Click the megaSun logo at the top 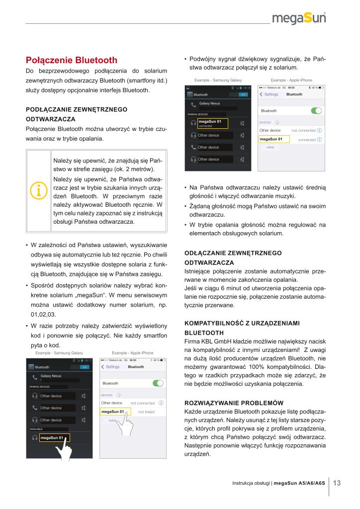302,19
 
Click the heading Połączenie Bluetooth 72,61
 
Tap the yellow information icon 39,190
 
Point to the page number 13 337,483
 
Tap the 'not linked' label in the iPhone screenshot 146,412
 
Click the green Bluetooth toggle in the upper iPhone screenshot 316,110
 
